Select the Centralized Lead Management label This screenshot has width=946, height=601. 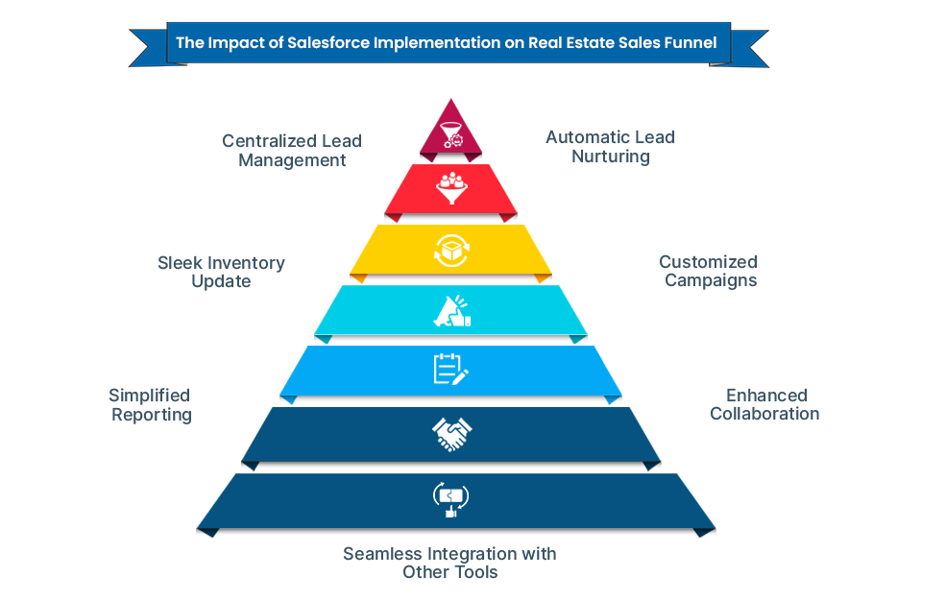292,151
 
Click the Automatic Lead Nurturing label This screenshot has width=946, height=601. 610,146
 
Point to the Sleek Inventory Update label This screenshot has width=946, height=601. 221,272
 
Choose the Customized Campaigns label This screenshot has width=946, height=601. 709,271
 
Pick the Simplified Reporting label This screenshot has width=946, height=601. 150,405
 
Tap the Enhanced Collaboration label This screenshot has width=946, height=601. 765,404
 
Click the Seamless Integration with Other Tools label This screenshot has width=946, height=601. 449,563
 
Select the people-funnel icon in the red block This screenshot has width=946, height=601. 450,187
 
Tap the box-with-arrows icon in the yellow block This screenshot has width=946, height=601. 450,251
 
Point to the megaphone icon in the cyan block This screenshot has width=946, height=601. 450,310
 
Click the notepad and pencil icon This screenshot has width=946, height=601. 450,370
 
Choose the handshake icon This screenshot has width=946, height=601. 450,435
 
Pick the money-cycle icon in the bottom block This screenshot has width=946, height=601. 450,499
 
